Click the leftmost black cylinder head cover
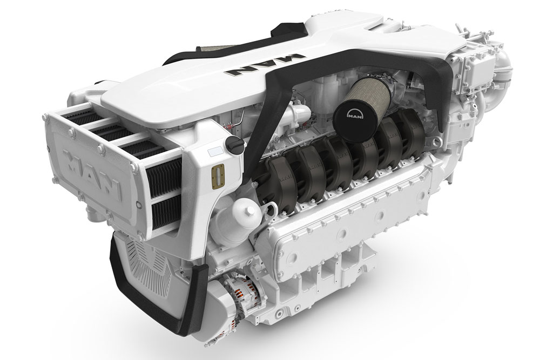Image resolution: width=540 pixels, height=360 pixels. pyautogui.click(x=276, y=181)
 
